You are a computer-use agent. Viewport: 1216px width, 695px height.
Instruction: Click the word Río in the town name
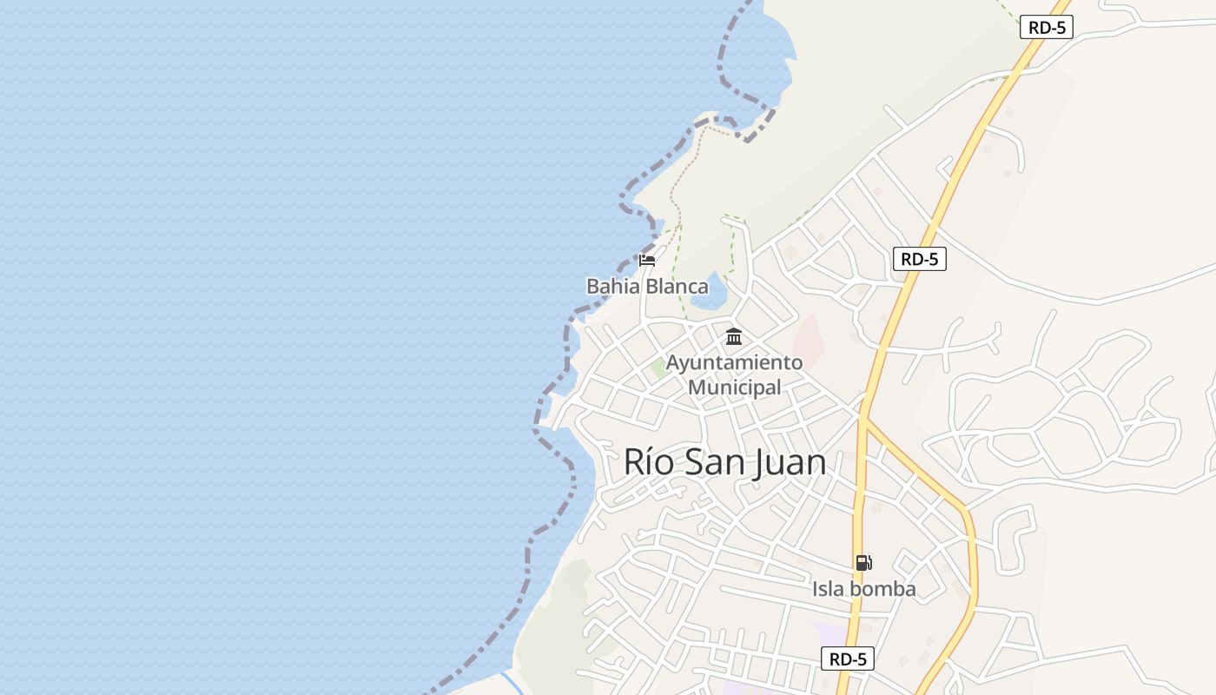648,462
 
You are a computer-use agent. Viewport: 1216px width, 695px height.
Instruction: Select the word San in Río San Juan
715,462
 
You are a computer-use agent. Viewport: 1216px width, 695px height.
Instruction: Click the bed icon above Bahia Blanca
647,259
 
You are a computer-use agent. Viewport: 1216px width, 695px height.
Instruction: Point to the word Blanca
672,286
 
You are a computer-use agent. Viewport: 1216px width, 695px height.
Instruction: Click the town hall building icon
734,336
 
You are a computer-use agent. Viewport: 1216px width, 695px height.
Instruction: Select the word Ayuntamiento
734,362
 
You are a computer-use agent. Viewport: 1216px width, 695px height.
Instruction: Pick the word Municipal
734,387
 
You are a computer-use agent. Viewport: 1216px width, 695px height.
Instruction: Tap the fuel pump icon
863,563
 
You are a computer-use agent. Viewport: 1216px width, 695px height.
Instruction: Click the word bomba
882,589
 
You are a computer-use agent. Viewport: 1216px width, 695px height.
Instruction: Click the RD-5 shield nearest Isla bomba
847,659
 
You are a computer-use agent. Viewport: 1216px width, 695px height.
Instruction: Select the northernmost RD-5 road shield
1047,27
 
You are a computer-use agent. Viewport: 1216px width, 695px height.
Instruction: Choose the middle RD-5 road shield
919,259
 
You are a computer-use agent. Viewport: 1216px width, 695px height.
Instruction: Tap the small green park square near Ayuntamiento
660,368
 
